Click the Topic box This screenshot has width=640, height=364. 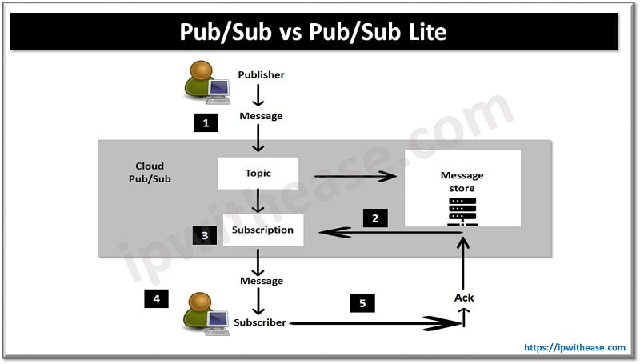258,173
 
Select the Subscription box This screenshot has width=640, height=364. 262,230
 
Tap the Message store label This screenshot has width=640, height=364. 462,182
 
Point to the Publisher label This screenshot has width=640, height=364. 261,75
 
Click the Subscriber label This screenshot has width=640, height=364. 260,323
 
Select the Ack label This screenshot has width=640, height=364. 464,298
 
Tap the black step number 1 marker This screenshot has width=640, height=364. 206,123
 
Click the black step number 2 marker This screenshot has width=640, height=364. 374,217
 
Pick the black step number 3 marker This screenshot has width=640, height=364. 205,235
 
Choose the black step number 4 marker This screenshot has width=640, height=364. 157,299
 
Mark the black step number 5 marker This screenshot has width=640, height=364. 362,303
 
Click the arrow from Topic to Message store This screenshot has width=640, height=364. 354,176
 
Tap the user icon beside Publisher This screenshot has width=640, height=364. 202,83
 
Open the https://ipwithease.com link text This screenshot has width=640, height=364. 574,348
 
